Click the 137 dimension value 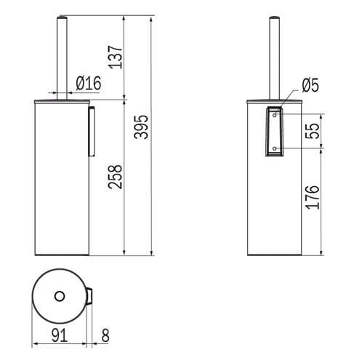[116, 57]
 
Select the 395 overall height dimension [141, 127]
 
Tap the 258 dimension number [116, 177]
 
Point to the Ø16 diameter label [89, 83]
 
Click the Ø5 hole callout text [310, 85]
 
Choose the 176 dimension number [313, 197]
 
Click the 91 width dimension [60, 335]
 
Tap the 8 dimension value [105, 335]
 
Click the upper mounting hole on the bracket [275, 116]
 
